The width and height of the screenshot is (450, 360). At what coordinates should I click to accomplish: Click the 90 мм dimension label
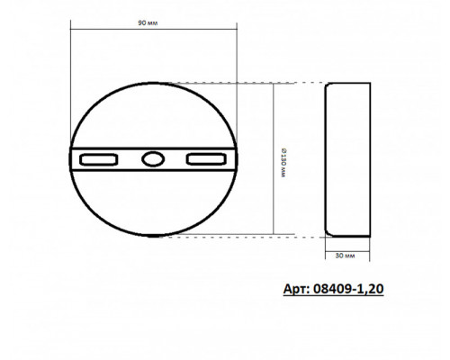(x=148, y=23)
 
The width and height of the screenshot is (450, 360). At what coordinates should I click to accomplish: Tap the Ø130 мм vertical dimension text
(x=283, y=163)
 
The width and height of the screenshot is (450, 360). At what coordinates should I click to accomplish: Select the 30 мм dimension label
(x=345, y=256)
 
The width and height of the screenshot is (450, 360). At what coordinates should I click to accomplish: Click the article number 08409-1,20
(x=348, y=289)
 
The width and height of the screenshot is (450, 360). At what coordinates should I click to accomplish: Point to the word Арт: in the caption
(x=297, y=289)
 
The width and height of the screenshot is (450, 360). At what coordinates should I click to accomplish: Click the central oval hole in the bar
(x=153, y=159)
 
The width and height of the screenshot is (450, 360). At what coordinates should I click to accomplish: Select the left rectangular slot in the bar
(x=98, y=159)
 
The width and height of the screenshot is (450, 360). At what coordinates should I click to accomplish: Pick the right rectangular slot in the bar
(x=206, y=159)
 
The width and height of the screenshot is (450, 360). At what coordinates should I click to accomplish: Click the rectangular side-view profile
(x=348, y=159)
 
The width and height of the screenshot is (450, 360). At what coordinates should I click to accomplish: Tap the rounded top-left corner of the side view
(x=327, y=85)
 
